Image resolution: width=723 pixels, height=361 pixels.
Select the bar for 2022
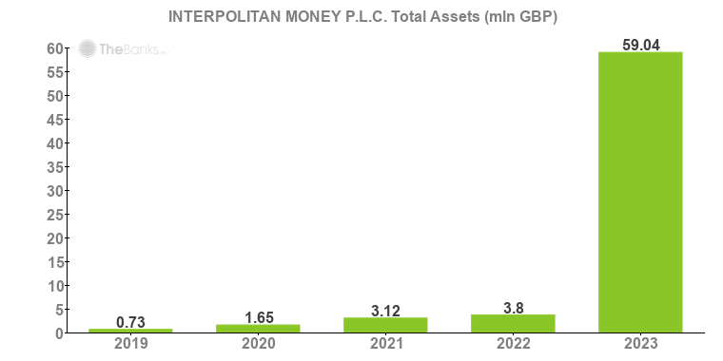coord(513,323)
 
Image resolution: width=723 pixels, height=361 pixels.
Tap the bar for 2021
coord(385,325)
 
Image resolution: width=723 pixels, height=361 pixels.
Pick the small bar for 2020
coord(258,328)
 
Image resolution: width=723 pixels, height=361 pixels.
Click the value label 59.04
coord(640,43)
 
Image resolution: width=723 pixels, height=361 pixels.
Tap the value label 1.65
coord(258,316)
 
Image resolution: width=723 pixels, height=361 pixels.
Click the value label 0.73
coord(130,321)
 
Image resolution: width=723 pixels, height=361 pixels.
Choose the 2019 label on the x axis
coord(130,343)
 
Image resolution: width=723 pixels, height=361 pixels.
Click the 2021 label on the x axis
coord(385,343)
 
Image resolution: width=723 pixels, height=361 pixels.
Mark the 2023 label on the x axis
coord(640,343)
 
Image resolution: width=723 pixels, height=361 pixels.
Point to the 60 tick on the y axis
coord(54,48)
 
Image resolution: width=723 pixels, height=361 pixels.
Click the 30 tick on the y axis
coord(54,191)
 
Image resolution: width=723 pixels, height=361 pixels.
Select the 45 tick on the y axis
coord(54,120)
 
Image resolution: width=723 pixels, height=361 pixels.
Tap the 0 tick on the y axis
coord(58,333)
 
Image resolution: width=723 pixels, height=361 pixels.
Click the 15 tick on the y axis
coord(54,262)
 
